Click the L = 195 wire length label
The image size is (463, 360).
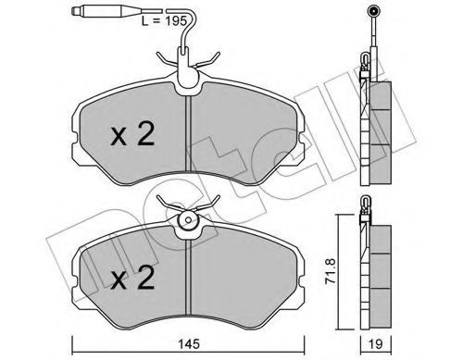point(164,21)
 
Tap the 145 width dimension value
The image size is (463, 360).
point(189,343)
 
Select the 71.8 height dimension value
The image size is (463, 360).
point(331,271)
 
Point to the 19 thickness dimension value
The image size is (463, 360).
point(375,344)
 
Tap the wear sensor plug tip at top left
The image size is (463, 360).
point(73,11)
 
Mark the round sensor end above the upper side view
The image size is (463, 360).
point(373,12)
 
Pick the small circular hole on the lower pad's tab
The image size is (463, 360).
point(188,220)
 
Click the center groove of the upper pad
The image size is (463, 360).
point(189,133)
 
